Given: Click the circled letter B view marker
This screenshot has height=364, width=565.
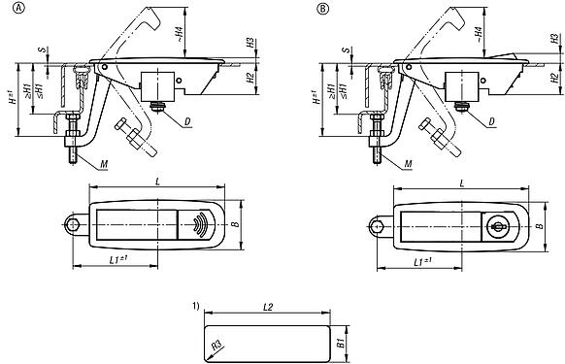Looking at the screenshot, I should pyautogui.click(x=323, y=10).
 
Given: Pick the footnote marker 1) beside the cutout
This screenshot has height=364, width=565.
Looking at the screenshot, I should pyautogui.click(x=197, y=307).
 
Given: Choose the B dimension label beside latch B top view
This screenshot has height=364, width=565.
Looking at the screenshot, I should pyautogui.click(x=539, y=225).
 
